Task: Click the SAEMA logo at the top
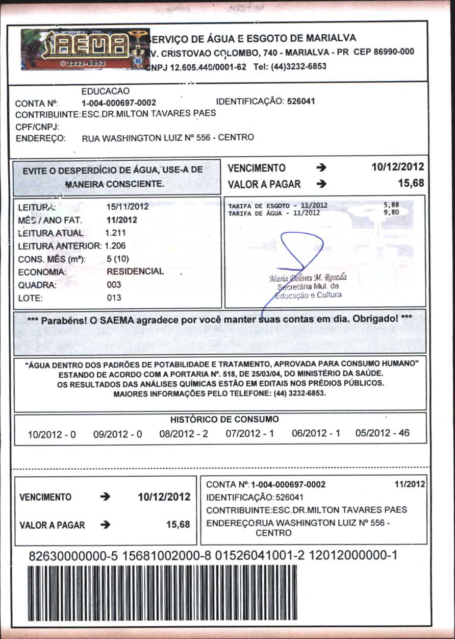click(x=85, y=49)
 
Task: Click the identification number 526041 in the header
click(x=301, y=101)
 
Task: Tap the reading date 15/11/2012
click(x=128, y=207)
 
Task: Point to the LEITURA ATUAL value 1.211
click(x=115, y=233)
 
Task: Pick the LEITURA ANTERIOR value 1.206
click(x=116, y=246)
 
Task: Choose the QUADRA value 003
click(x=114, y=285)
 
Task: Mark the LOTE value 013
click(x=114, y=298)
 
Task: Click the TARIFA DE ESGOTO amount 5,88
click(x=391, y=205)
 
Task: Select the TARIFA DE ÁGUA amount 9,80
click(x=391, y=212)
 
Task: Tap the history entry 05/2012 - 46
click(x=383, y=434)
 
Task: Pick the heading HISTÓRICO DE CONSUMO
click(x=224, y=420)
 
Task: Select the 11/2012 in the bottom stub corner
click(x=410, y=484)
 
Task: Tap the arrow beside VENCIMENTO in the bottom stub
click(x=106, y=497)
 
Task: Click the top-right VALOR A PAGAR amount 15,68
click(x=411, y=184)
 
